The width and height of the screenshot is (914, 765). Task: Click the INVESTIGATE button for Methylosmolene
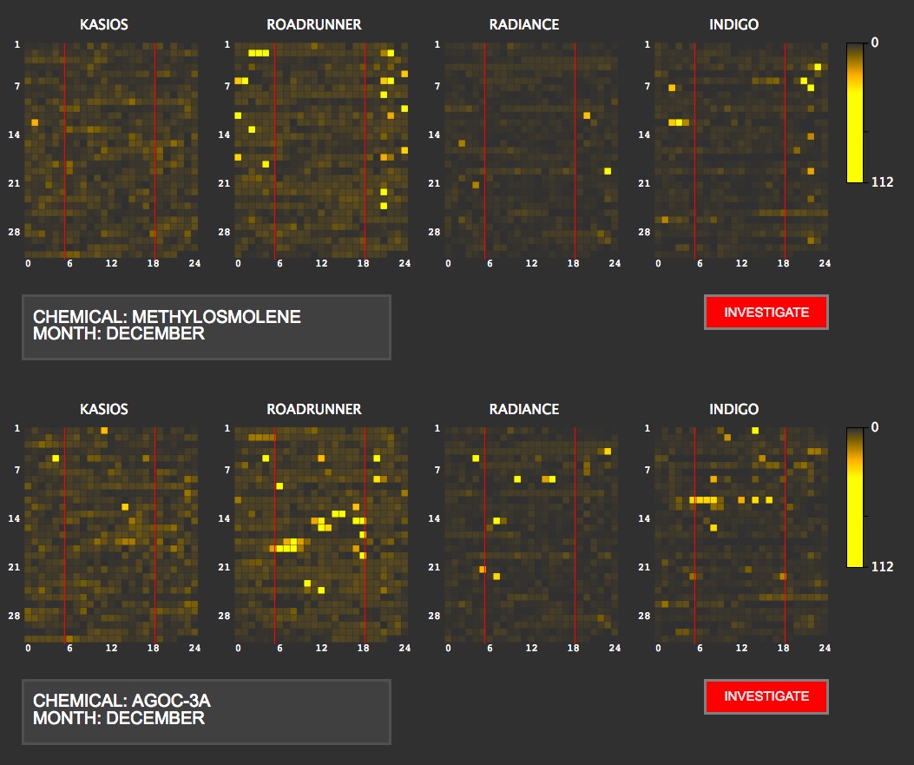pyautogui.click(x=766, y=313)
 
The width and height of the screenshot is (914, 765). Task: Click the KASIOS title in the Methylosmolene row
pyautogui.click(x=104, y=24)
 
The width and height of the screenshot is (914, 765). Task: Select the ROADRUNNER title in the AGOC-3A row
pyautogui.click(x=314, y=409)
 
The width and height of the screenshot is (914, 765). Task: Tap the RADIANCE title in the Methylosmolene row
pyautogui.click(x=524, y=24)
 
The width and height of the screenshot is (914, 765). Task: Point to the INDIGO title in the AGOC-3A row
pyautogui.click(x=734, y=409)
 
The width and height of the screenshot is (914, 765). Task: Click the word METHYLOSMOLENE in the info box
pyautogui.click(x=216, y=317)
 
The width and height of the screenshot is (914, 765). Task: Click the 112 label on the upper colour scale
pyautogui.click(x=882, y=182)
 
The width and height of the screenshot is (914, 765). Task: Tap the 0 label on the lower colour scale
pyautogui.click(x=875, y=426)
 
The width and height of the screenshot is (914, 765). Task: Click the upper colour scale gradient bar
pyautogui.click(x=855, y=113)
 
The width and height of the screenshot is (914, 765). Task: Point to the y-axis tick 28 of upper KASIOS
pyautogui.click(x=16, y=232)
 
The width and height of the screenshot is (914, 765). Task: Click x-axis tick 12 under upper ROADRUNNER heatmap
pyautogui.click(x=321, y=263)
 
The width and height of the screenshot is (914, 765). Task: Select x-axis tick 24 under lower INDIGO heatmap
pyautogui.click(x=825, y=648)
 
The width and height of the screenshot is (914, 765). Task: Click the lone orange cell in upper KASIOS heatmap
pyautogui.click(x=35, y=122)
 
